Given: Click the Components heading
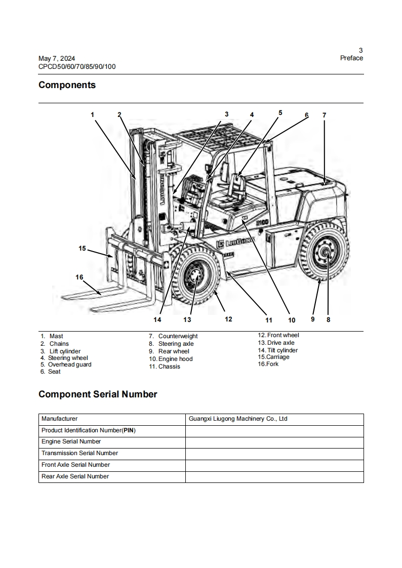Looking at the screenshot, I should [x=67, y=85].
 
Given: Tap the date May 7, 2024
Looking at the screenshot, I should [x=57, y=59].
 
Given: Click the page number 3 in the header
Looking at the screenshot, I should [x=360, y=50].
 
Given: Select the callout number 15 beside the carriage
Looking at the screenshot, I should [x=83, y=248].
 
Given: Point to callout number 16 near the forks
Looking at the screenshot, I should [x=79, y=277].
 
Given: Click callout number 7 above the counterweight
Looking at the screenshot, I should [x=324, y=115].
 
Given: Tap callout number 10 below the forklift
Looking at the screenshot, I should [x=292, y=320].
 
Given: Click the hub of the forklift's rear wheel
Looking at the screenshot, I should [x=325, y=253].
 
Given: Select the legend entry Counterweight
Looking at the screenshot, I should [x=178, y=336].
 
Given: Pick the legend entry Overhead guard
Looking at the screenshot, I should [x=69, y=364].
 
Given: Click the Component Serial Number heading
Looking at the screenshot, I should [x=98, y=394].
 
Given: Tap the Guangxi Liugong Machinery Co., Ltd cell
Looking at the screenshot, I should [x=238, y=419].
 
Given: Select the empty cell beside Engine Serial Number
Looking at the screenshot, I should [x=274, y=442].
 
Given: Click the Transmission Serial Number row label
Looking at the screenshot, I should [x=79, y=454].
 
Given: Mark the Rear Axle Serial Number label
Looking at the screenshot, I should [x=75, y=476].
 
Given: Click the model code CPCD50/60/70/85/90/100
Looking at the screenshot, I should [x=77, y=66].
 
